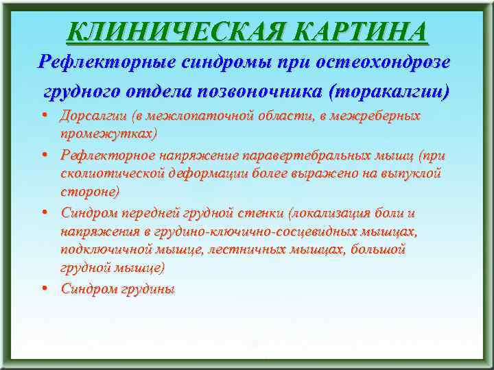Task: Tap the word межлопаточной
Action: (x=206, y=116)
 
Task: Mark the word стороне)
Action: (x=90, y=190)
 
